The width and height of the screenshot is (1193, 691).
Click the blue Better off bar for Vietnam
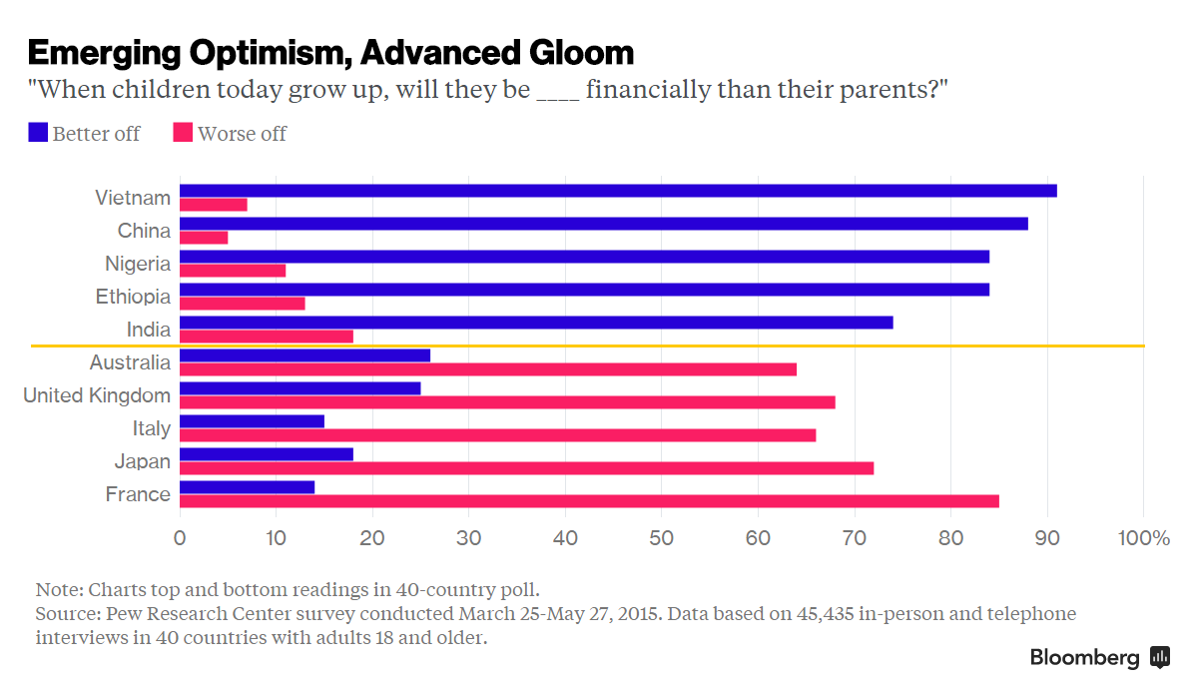tap(618, 191)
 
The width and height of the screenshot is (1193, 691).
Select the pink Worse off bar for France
tap(589, 501)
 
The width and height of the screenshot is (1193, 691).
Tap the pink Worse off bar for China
tap(204, 238)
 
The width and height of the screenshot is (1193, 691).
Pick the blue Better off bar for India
tap(536, 323)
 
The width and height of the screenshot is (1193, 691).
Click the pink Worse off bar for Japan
tap(526, 468)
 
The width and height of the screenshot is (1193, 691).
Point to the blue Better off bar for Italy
tap(252, 421)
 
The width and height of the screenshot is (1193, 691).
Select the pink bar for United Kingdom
tap(507, 402)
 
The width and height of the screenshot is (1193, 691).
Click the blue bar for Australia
tap(304, 355)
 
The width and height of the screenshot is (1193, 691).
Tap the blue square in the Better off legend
tap(38, 133)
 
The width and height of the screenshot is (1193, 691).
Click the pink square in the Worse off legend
tap(183, 133)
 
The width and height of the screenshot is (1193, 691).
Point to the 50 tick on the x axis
tap(661, 538)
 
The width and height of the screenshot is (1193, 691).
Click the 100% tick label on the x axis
tap(1143, 538)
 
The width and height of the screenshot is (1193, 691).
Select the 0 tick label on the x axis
tap(180, 538)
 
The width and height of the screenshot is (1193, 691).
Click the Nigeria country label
tap(138, 264)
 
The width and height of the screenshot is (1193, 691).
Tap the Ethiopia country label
tap(133, 297)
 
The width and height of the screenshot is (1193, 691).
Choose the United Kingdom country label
tap(97, 395)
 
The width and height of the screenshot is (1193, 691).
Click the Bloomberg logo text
tap(1084, 658)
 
